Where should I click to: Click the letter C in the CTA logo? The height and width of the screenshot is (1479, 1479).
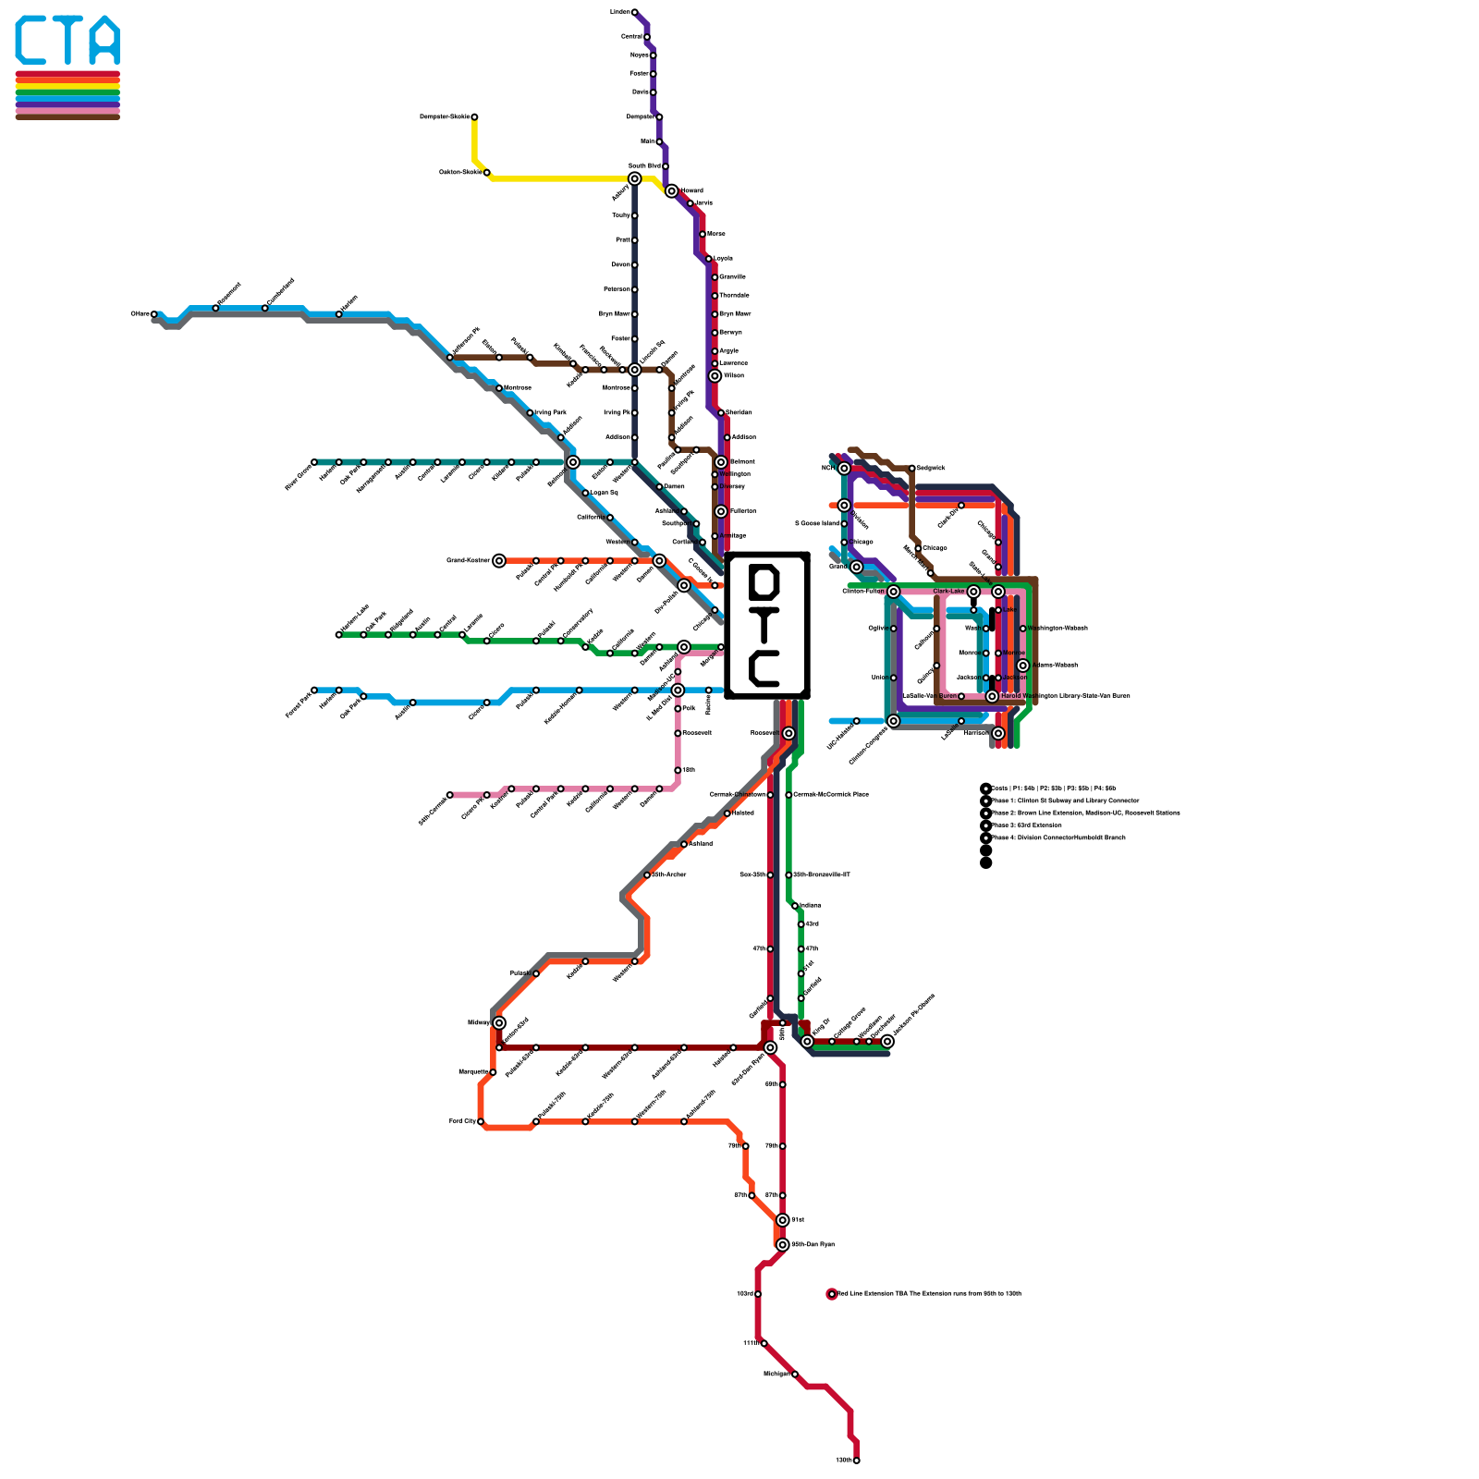[x=35, y=41]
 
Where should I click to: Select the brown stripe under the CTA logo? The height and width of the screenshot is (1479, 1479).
[x=67, y=116]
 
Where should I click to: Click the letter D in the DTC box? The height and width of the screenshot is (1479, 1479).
[x=766, y=581]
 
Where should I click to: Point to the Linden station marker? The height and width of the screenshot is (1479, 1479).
[x=634, y=12]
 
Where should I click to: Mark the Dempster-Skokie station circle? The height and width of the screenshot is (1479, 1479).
[x=474, y=116]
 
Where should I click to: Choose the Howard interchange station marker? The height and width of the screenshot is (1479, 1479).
[x=671, y=190]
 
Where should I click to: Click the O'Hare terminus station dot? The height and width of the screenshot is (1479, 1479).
[x=153, y=314]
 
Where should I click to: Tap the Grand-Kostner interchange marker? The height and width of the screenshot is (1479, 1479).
[x=499, y=560]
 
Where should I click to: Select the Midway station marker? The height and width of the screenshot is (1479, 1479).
[x=499, y=1022]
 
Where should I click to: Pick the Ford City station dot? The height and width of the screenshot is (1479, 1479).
[x=481, y=1121]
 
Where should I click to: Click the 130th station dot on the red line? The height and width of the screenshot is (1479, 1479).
[x=856, y=1461]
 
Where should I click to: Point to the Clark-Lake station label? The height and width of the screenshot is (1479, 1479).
[x=948, y=592]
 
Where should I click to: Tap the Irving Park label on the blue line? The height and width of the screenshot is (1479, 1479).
[x=550, y=412]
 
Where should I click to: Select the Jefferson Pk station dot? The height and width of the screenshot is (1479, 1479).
[x=450, y=357]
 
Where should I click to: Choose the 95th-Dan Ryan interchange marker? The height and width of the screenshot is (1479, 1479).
[x=783, y=1244]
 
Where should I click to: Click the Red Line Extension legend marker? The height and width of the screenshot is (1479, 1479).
[x=831, y=1294]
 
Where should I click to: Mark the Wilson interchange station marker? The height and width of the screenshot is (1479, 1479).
[x=715, y=375]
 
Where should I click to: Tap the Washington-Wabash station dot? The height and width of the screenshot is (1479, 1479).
[x=1023, y=629]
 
